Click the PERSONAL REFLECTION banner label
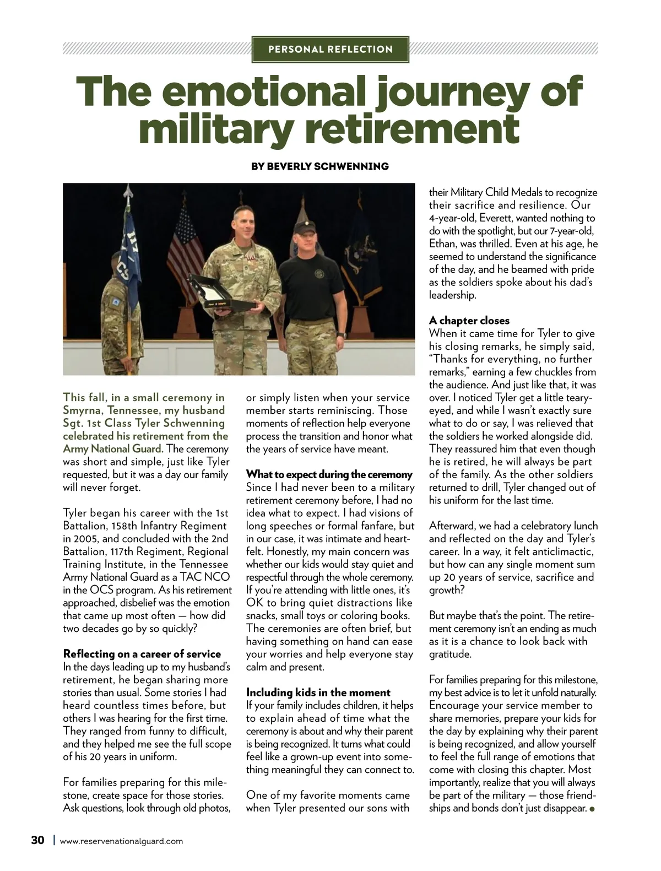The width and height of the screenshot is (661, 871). point(330,49)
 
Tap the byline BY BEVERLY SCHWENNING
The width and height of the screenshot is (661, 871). point(319,166)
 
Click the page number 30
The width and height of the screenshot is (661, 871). point(37,840)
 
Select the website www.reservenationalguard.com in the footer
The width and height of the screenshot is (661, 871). point(121,841)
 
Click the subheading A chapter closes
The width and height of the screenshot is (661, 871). point(469,321)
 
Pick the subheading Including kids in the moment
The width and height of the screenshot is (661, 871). point(318,693)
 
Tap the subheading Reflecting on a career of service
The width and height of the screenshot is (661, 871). point(142,654)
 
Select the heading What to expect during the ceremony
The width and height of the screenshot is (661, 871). point(329,474)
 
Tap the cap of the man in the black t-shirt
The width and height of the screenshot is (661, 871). point(304,224)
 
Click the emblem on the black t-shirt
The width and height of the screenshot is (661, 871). point(320,274)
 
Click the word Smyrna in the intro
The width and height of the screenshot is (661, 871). point(83,410)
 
